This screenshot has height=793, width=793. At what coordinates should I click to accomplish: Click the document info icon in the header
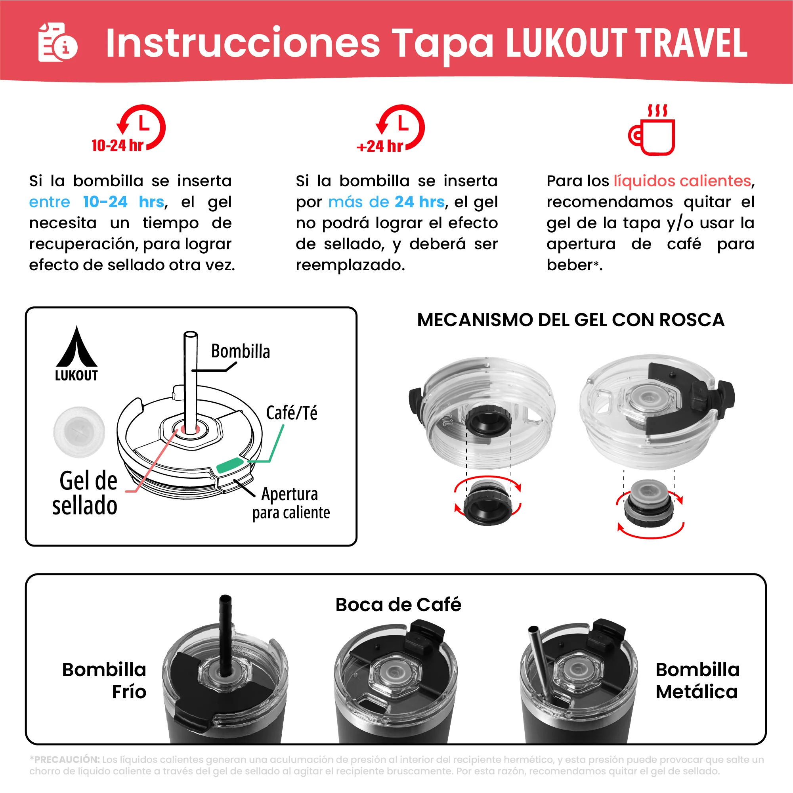click(x=57, y=42)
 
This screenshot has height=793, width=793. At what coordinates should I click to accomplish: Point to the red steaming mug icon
click(x=652, y=130)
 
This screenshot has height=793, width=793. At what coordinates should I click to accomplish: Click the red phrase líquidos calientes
click(x=682, y=181)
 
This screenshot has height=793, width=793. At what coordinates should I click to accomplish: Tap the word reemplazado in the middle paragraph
click(x=350, y=265)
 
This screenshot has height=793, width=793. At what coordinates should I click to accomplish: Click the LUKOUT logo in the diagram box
click(x=77, y=354)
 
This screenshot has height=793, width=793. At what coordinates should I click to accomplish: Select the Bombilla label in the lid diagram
click(x=241, y=352)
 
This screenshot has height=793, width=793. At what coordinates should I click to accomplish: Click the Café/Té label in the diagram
click(x=291, y=413)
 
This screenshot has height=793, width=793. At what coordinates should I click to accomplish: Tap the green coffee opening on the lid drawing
click(x=230, y=465)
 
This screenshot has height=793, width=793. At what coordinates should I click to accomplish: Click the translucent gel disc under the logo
click(x=79, y=432)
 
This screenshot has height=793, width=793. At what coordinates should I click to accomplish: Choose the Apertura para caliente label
click(x=290, y=503)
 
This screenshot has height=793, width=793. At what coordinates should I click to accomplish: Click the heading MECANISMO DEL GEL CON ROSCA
click(x=571, y=320)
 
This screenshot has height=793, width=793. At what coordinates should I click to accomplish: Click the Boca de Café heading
click(x=398, y=605)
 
